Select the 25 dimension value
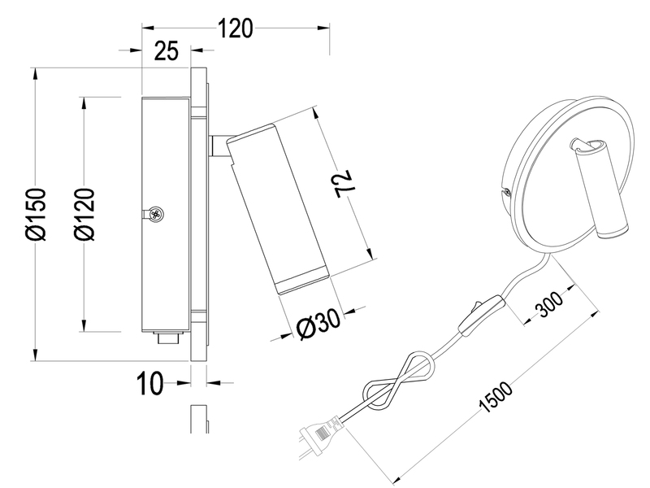pos(167,52)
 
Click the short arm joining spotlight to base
pos(217,146)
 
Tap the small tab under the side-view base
pos(167,338)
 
